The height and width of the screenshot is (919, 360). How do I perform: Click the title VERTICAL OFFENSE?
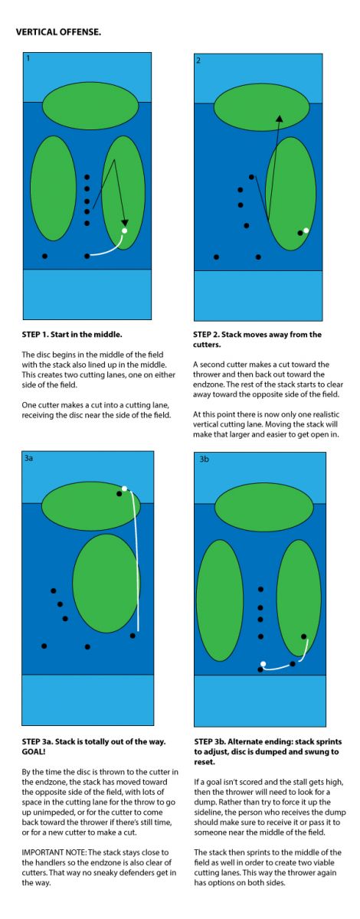point(58,32)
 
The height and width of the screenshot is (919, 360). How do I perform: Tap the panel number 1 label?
point(28,58)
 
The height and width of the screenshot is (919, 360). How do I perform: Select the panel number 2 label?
point(198,61)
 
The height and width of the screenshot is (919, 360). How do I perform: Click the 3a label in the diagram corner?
point(28,458)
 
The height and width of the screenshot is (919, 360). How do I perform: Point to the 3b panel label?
point(204,459)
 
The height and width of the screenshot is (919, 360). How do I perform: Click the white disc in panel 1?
point(124,231)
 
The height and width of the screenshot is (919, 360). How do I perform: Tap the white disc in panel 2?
point(306,231)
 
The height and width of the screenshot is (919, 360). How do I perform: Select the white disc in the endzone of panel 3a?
point(124,489)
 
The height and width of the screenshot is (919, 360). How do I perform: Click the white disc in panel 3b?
point(263,663)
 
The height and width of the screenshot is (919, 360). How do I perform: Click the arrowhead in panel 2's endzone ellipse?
point(279,119)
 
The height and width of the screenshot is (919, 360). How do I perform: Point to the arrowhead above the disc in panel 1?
point(125,223)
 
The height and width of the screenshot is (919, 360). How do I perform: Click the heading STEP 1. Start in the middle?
point(72,335)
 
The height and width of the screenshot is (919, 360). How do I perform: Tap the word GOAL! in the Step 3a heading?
point(34,751)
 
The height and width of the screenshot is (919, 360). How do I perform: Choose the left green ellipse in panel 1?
point(54,188)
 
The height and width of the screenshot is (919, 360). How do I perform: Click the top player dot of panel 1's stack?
point(87,177)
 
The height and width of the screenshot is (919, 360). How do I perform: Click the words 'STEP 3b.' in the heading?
point(209,741)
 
